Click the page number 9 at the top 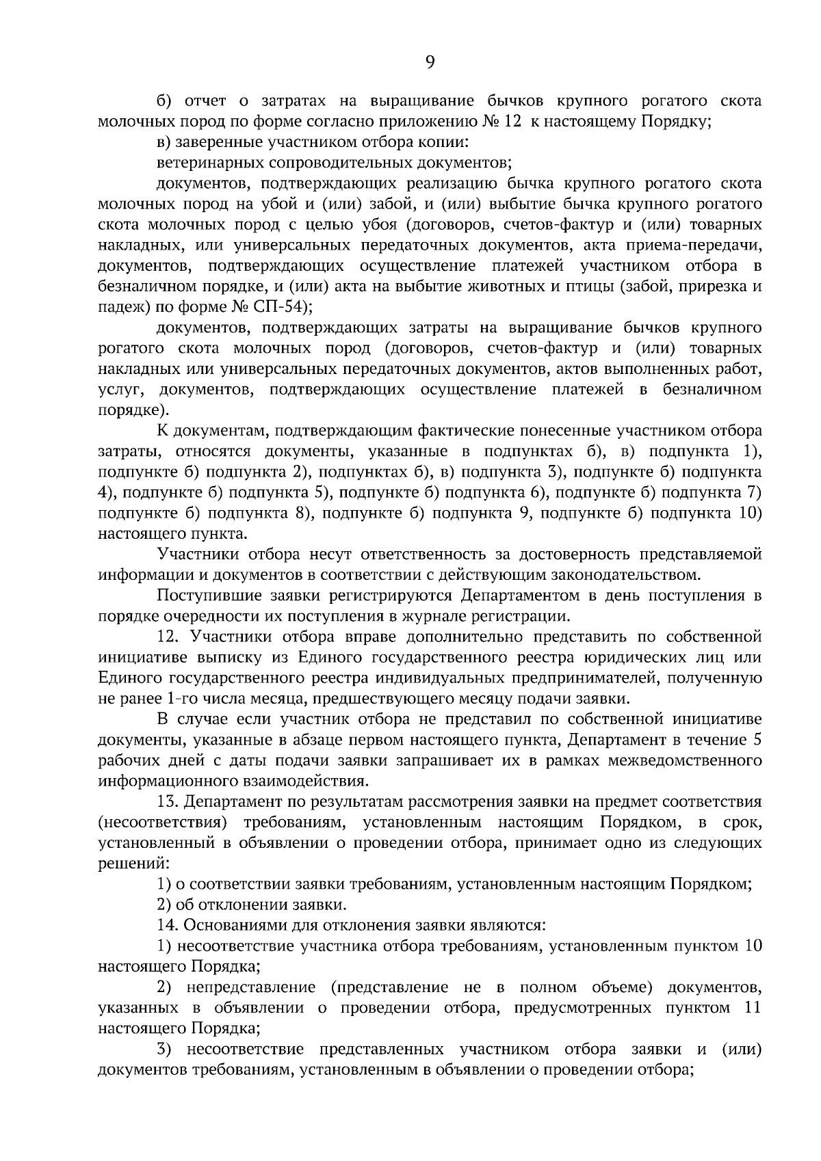coord(430,62)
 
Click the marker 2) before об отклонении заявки coord(164,905)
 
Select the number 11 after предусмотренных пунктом coord(751,1008)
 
